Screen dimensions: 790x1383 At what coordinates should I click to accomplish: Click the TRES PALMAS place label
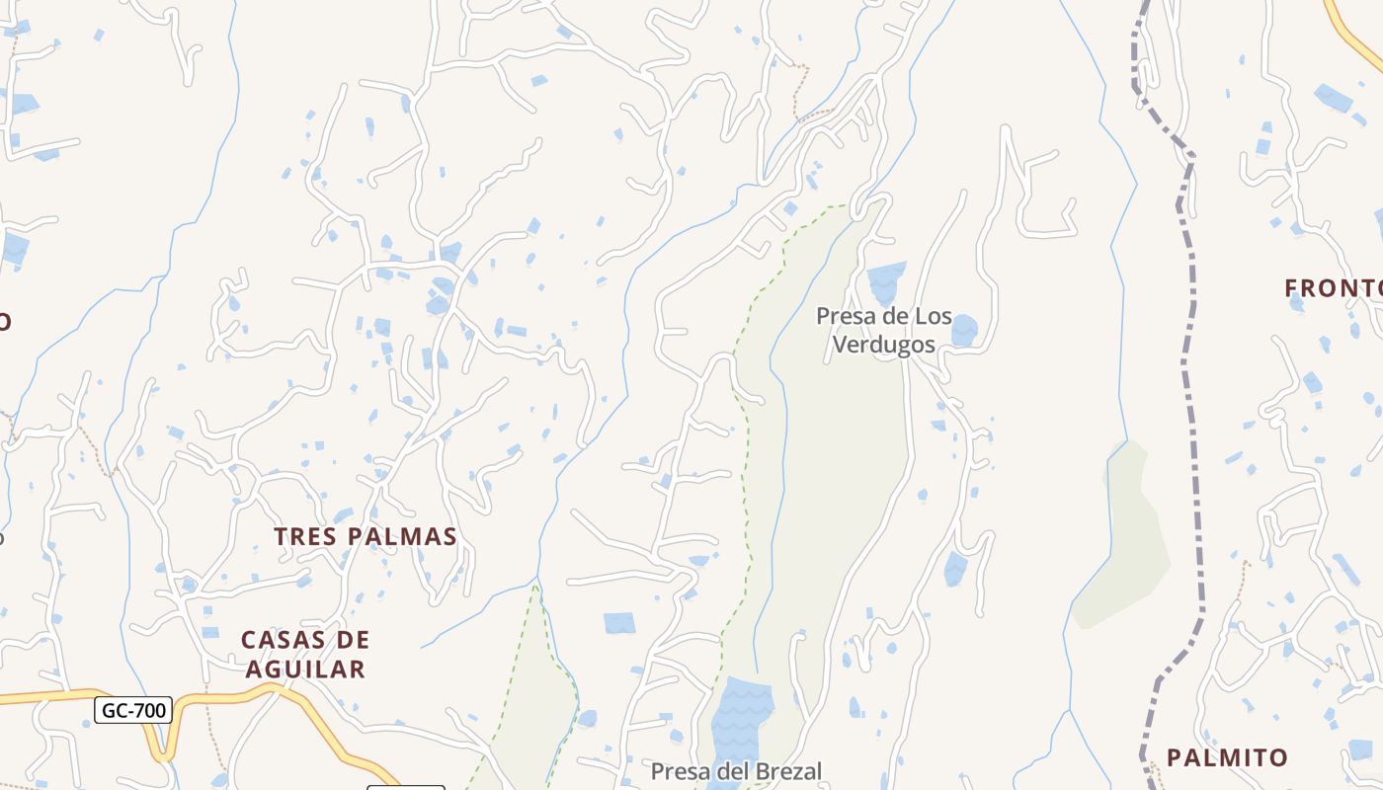[x=365, y=536]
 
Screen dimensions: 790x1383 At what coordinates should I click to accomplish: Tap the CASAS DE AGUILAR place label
[x=305, y=655]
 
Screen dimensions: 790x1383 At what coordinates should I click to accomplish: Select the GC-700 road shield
[x=133, y=709]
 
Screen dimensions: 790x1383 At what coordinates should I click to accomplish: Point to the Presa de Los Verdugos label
[x=883, y=331]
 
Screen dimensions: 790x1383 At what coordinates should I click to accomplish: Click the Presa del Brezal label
[x=736, y=770]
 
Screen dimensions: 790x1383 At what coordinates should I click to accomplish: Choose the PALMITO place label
[x=1227, y=757]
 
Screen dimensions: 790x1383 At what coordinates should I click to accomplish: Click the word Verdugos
[x=883, y=345]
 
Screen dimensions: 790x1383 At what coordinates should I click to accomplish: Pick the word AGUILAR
[x=305, y=670]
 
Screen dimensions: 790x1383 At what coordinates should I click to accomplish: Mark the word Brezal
[x=786, y=770]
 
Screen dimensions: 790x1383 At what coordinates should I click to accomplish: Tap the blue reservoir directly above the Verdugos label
[x=886, y=281]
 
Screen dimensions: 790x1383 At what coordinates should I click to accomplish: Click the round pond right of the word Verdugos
[x=963, y=331]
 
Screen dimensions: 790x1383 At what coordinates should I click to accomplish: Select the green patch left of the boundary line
[x=1126, y=543]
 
